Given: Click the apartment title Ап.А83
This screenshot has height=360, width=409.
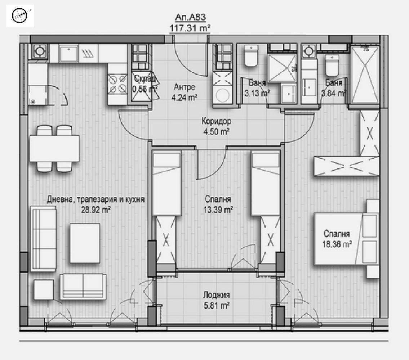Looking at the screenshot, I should coord(190,17).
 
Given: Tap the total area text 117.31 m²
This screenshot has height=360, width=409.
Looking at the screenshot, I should coord(190,28).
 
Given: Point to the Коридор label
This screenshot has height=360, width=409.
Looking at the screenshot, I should coord(216,121).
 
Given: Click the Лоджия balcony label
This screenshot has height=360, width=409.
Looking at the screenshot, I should coord(216,295).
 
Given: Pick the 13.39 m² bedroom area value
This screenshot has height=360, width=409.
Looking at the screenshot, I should coord(218,209).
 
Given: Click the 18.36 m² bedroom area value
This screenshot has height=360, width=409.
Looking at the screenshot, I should coord(337,244).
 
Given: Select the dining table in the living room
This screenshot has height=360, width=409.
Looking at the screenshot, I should coord(54,148).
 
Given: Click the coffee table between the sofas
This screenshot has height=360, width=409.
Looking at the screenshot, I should coord(85,243).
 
